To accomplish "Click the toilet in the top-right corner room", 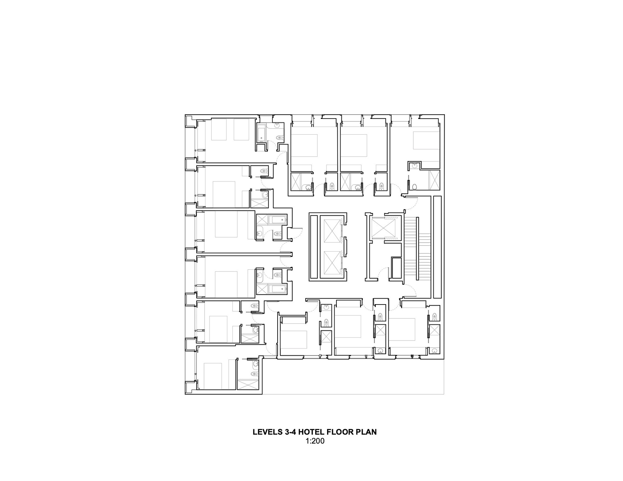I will click(415, 187).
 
